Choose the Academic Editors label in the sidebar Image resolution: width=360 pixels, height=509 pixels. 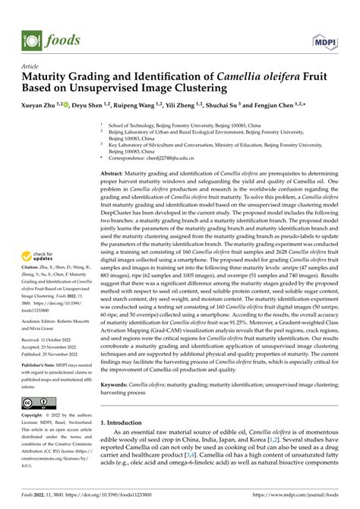(41, 323)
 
